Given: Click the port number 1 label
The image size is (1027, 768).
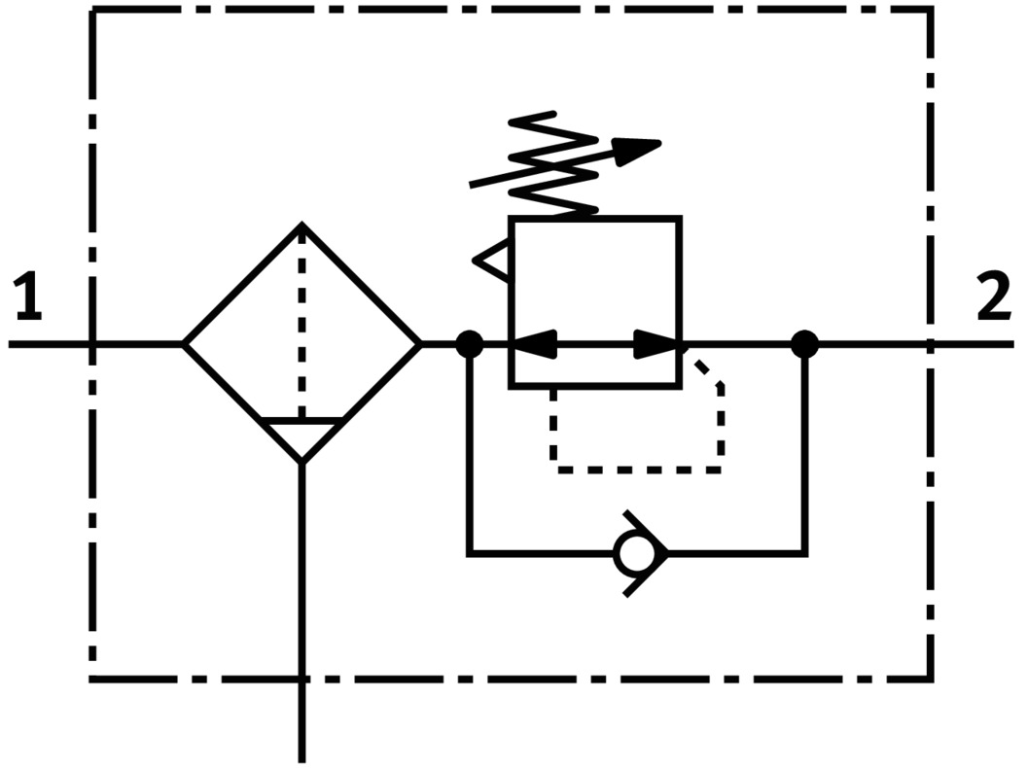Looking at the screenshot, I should [x=29, y=298].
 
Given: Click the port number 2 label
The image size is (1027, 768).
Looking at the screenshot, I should [x=993, y=298].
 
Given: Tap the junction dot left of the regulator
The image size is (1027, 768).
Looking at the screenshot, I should [x=470, y=343].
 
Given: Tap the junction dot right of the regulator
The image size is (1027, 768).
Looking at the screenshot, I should [x=804, y=343].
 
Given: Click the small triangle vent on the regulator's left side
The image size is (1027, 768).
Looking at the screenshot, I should [x=493, y=261].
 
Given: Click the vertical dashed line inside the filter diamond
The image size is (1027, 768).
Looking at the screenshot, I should [x=302, y=321].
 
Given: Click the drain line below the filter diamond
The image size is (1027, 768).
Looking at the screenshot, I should [x=302, y=603].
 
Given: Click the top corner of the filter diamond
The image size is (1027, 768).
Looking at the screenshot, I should [x=302, y=227].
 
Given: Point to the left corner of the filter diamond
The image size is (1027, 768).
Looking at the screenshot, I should [x=187, y=343].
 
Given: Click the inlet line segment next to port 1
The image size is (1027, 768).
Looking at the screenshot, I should [x=49, y=343].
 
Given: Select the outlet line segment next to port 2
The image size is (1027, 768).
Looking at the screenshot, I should [x=973, y=343].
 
